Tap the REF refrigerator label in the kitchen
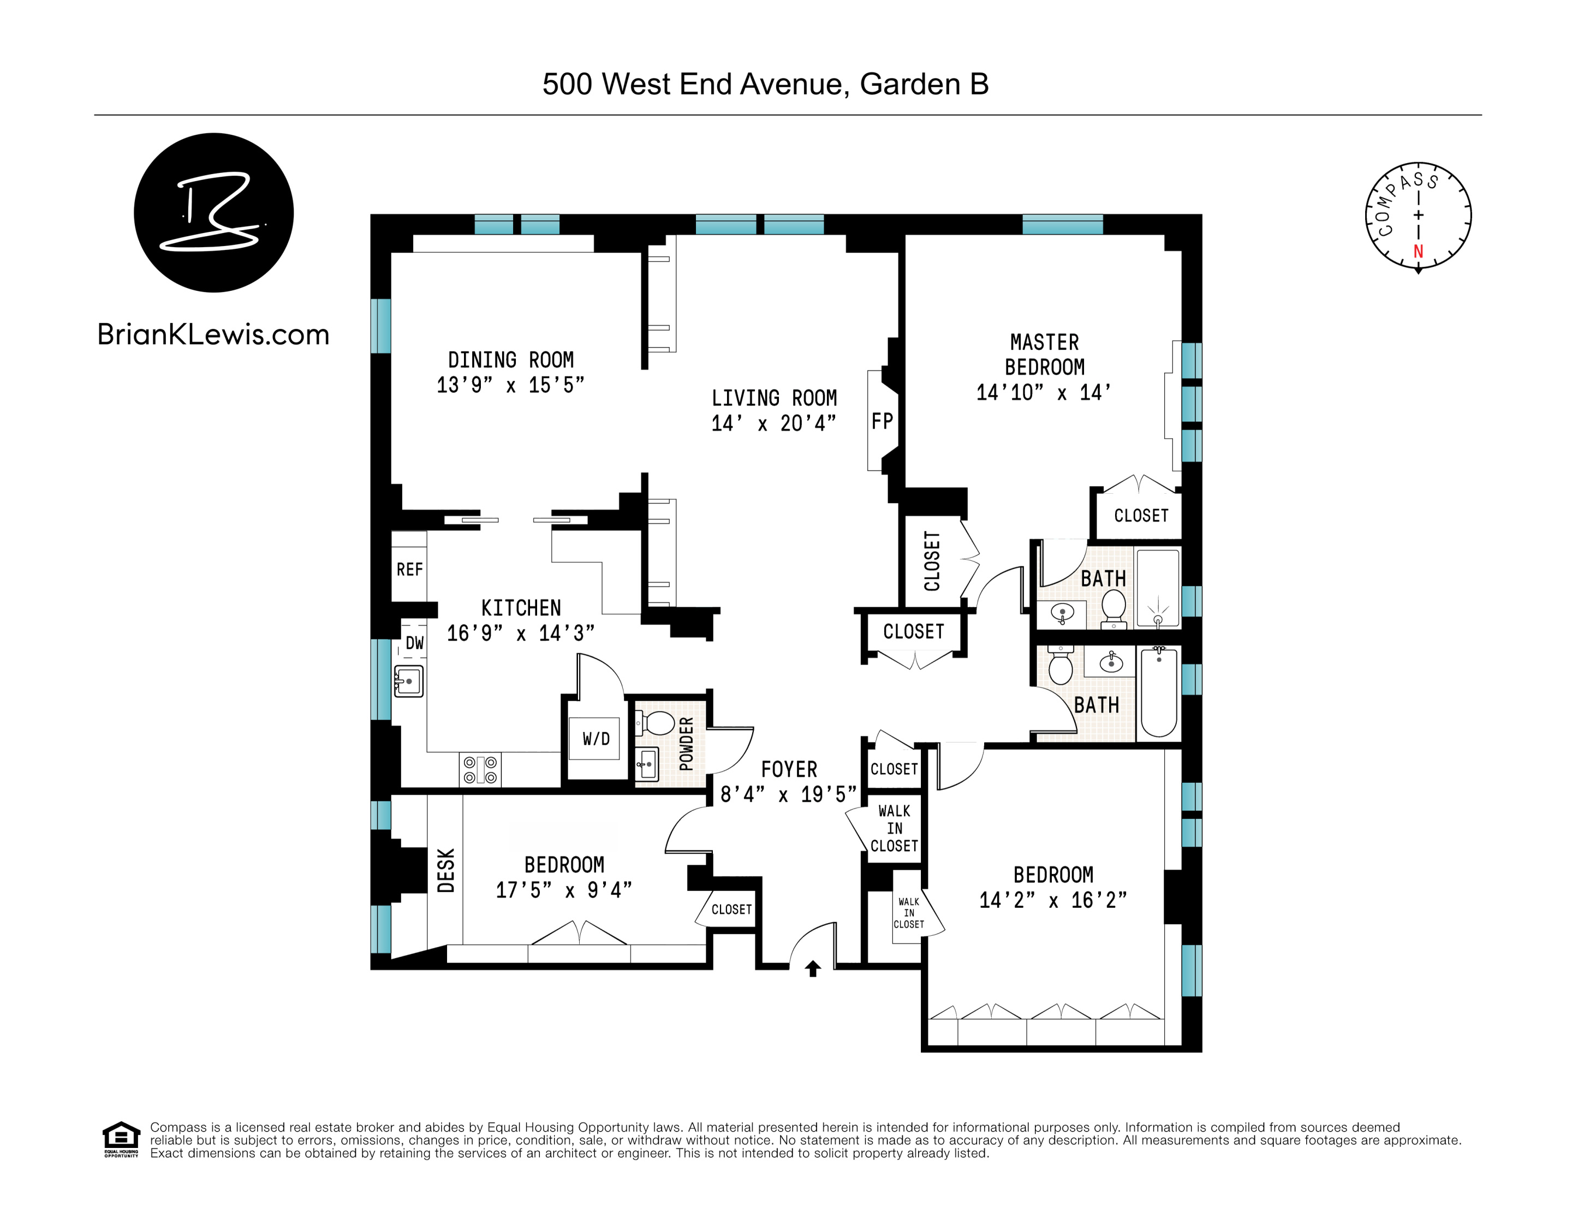[x=409, y=569]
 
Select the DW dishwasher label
[x=415, y=643]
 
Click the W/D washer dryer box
[x=596, y=738]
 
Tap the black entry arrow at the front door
[x=813, y=968]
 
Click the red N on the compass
[x=1418, y=251]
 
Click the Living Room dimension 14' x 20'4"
[x=774, y=423]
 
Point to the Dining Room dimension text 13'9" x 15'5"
[x=510, y=385]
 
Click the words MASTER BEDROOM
[x=1044, y=355]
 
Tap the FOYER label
[x=789, y=769]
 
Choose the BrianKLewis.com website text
[x=213, y=334]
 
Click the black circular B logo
[x=214, y=212]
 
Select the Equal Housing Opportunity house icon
[x=121, y=1137]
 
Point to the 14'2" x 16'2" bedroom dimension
[x=1052, y=900]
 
